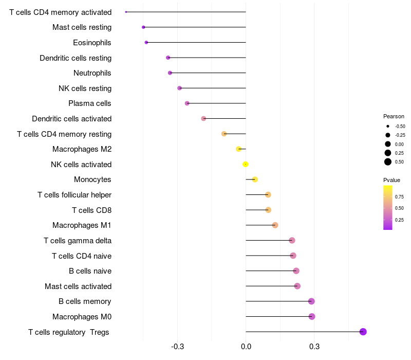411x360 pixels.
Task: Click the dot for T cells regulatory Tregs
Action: [363, 332]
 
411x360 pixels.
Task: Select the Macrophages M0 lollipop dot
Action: [311, 317]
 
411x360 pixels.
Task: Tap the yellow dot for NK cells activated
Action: [246, 164]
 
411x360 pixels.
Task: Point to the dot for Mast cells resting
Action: [143, 27]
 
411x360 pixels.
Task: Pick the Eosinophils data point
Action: [146, 42]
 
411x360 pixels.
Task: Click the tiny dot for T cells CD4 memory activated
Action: [126, 12]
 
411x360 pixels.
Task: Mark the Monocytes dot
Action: [255, 179]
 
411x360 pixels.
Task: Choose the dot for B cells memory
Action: [311, 301]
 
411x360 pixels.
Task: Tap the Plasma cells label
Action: [90, 103]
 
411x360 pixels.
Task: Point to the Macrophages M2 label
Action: [82, 149]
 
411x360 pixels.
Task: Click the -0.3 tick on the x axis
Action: [178, 347]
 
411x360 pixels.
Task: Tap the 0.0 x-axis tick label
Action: [246, 347]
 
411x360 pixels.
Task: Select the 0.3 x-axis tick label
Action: [314, 347]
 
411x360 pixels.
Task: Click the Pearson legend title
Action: [394, 116]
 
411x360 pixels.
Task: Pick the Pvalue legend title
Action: [391, 180]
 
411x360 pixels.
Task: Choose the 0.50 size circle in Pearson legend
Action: [388, 162]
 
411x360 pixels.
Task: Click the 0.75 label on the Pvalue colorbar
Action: [399, 196]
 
